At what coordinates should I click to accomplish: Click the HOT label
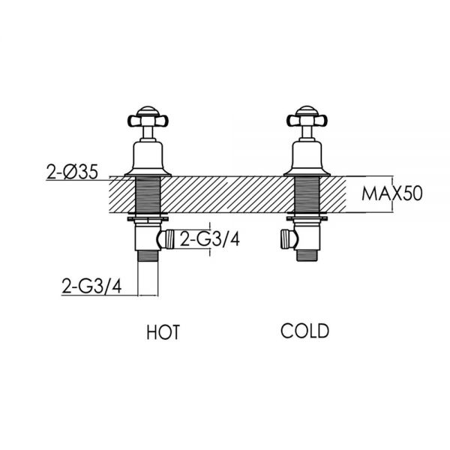tap(163, 332)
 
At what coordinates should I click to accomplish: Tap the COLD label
tap(304, 331)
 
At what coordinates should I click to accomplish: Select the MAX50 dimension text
tap(392, 193)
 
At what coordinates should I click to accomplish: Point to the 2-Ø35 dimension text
tap(72, 172)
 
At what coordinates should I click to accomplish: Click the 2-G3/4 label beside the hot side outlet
tap(209, 239)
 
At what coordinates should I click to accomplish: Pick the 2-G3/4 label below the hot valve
tap(91, 286)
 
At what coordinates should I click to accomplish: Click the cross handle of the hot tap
tap(148, 118)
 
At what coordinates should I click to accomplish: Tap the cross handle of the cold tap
tap(307, 118)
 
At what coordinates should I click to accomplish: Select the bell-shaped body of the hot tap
tap(148, 157)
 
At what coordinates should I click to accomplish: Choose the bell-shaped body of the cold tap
tap(307, 157)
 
